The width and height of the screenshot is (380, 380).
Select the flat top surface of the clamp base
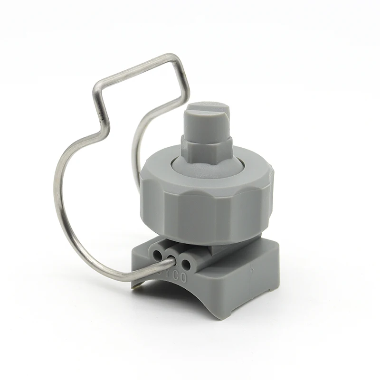click(x=247, y=247)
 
